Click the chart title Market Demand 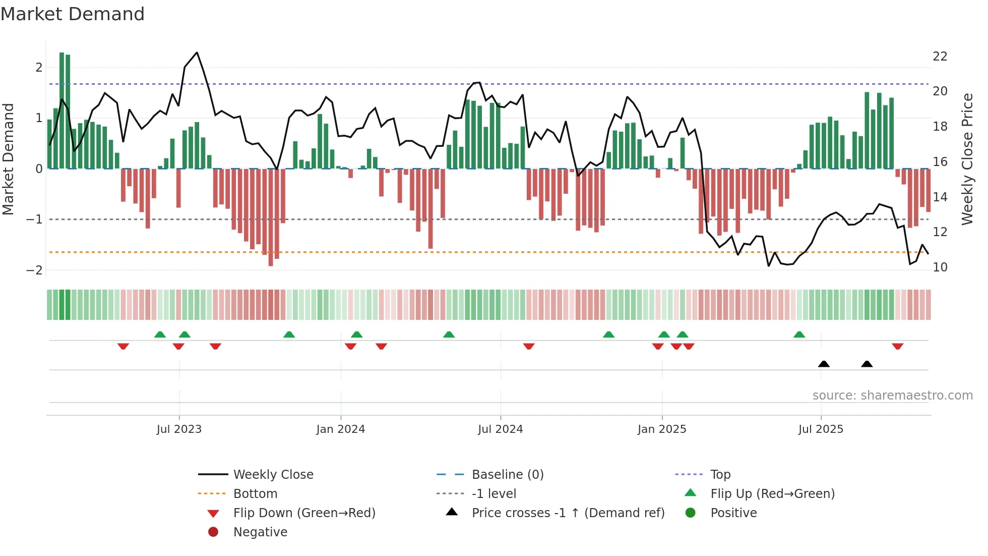pyautogui.click(x=73, y=14)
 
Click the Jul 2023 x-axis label pyautogui.click(x=179, y=429)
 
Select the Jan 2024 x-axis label pyautogui.click(x=341, y=429)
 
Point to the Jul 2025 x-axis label pyautogui.click(x=821, y=429)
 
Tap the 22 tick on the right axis pyautogui.click(x=940, y=56)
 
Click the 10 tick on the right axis pyautogui.click(x=940, y=267)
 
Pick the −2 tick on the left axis pyautogui.click(x=34, y=270)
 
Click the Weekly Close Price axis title pyautogui.click(x=967, y=159)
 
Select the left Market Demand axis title pyautogui.click(x=9, y=159)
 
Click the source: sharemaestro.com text pyautogui.click(x=892, y=395)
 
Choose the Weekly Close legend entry pyautogui.click(x=273, y=474)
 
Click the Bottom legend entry pyautogui.click(x=255, y=493)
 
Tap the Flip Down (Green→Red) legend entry pyautogui.click(x=304, y=513)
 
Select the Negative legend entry pyautogui.click(x=260, y=532)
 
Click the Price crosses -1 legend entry pyautogui.click(x=568, y=513)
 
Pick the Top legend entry pyautogui.click(x=720, y=474)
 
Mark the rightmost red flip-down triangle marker pyautogui.click(x=897, y=346)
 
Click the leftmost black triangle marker pyautogui.click(x=824, y=364)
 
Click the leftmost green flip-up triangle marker pyautogui.click(x=160, y=335)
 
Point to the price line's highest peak pyautogui.click(x=197, y=52)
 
